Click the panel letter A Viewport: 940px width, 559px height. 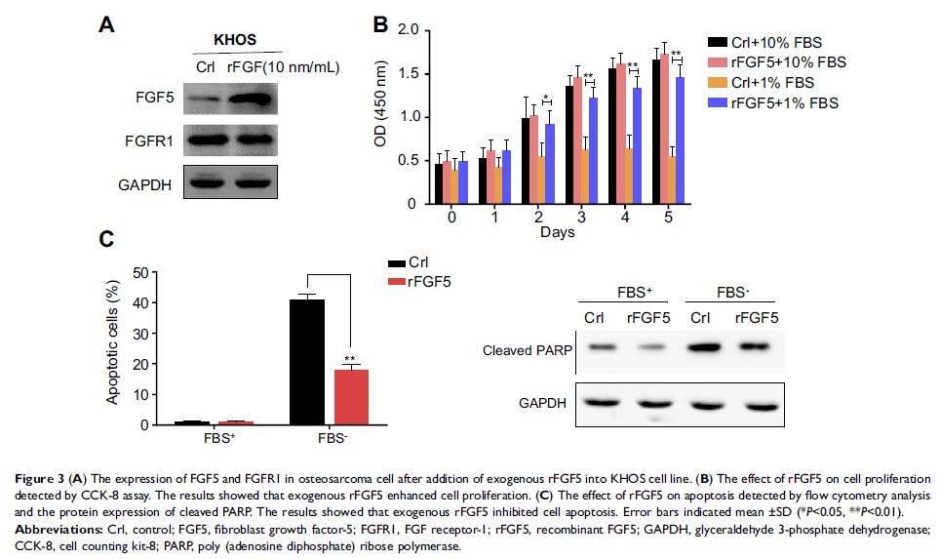click(x=110, y=24)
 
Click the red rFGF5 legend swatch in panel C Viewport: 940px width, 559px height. click(x=397, y=281)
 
